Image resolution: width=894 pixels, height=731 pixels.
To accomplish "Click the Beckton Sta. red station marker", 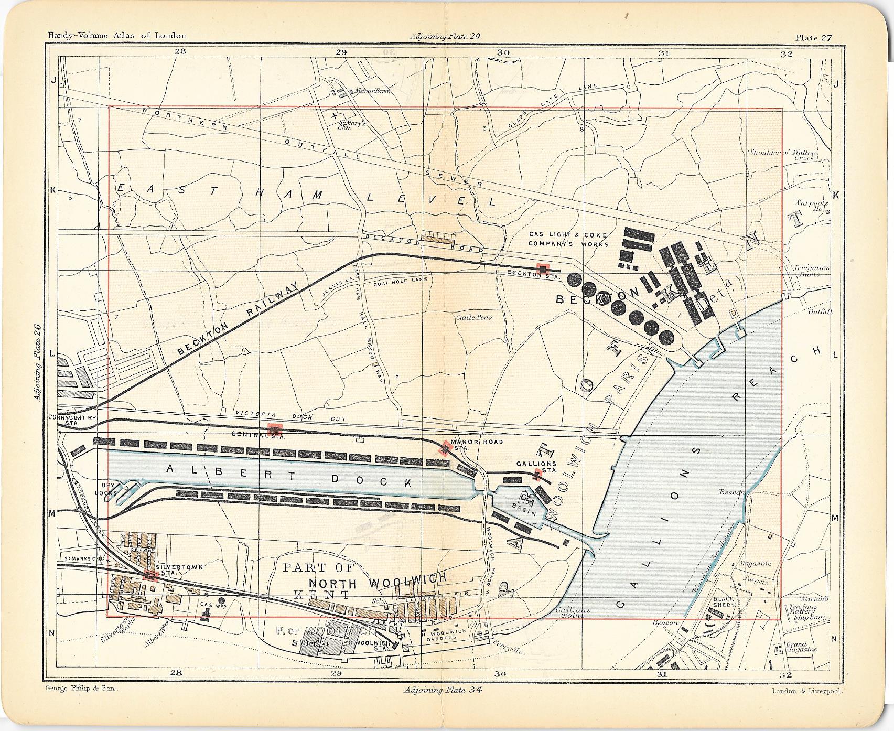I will pos(542,268).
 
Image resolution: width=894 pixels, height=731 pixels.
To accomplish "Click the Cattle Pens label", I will pos(473,317).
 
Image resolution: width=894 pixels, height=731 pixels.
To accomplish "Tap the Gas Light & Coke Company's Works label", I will pos(568,239).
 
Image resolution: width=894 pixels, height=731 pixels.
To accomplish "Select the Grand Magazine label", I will pos(801,647).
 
